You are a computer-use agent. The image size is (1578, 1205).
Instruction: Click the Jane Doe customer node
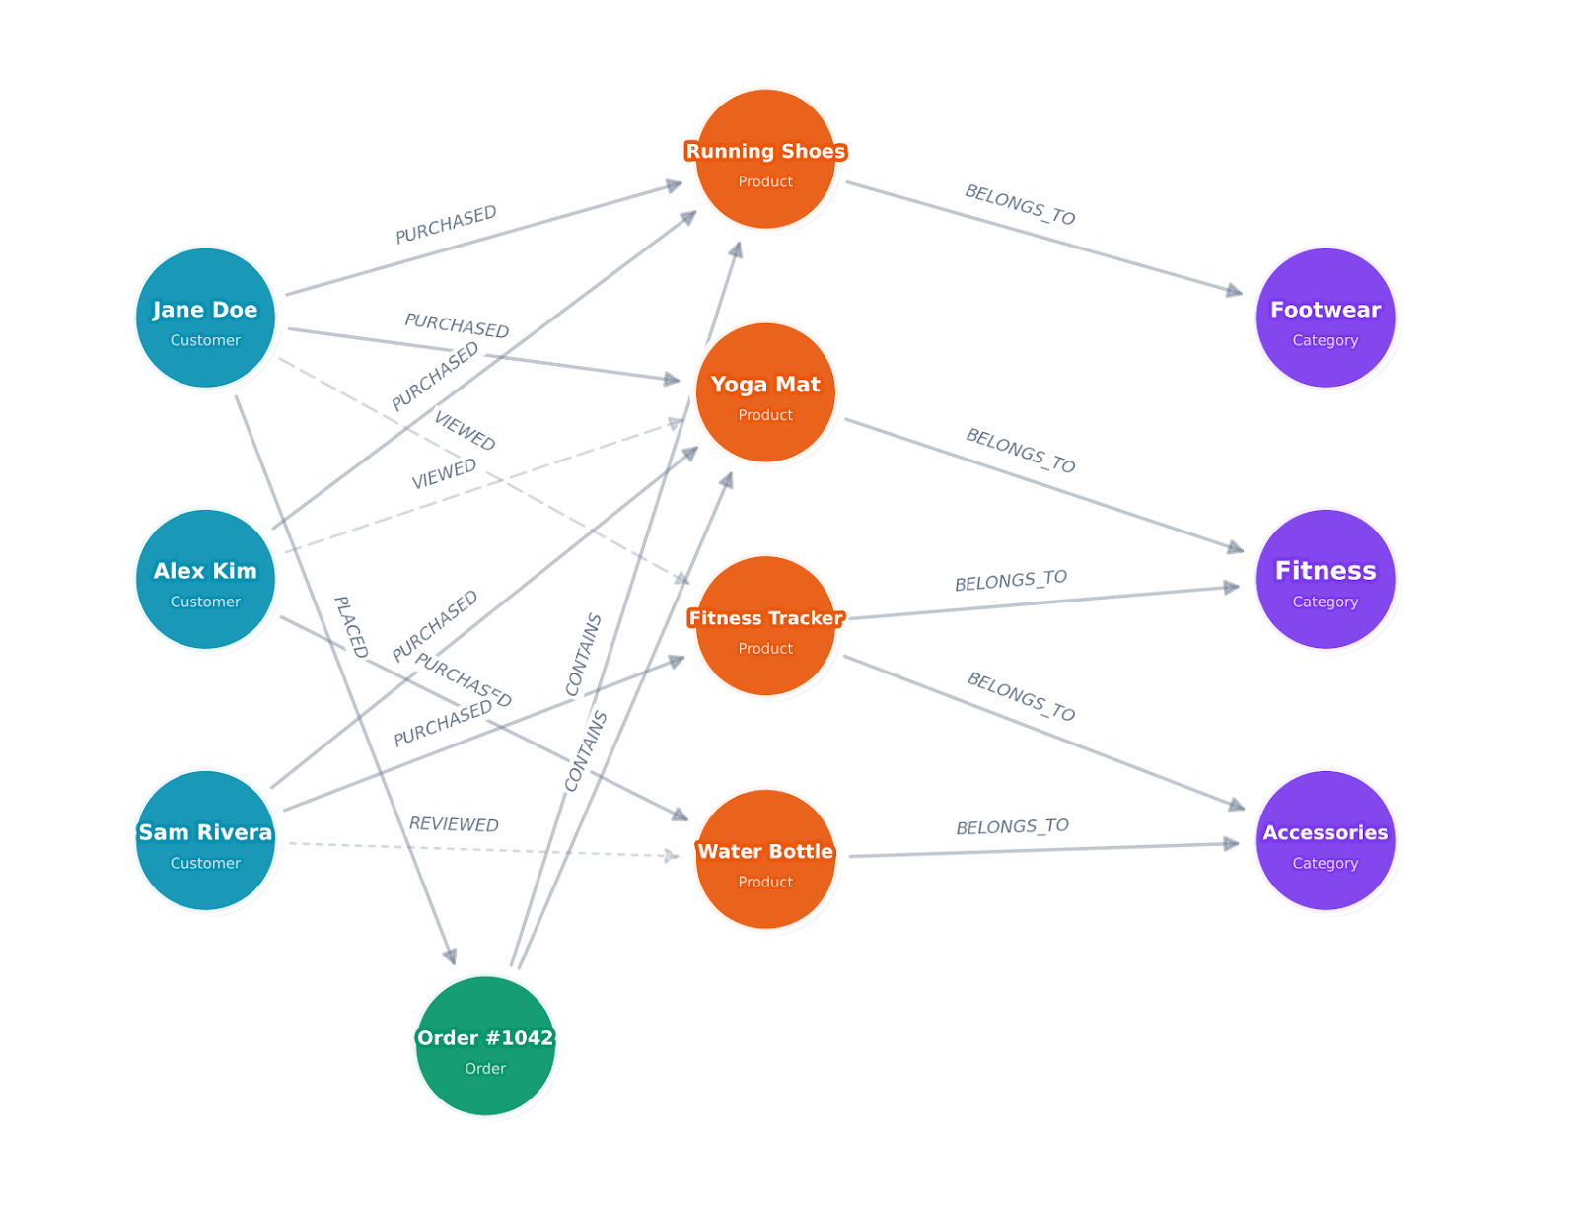coord(205,318)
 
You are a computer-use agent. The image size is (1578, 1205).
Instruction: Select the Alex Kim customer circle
coord(205,579)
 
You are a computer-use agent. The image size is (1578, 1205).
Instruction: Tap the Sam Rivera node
coord(205,840)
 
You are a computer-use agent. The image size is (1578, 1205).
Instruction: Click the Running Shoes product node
coord(765,159)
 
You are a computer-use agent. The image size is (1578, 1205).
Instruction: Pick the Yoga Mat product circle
coord(765,392)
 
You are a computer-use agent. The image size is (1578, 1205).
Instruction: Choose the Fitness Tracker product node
coord(765,625)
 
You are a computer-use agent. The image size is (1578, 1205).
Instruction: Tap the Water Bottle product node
coord(765,859)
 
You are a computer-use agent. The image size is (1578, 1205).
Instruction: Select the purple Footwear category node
coord(1325,318)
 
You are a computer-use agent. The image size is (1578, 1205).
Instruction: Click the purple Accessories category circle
coord(1325,840)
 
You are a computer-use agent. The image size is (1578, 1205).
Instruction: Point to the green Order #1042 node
coord(485,1045)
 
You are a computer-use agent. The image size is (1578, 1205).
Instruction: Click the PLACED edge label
coord(350,627)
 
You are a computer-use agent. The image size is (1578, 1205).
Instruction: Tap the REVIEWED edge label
coord(454,824)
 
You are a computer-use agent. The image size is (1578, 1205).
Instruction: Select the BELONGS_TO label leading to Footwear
coord(1020,204)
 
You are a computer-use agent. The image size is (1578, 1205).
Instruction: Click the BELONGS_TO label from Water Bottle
coord(1012,826)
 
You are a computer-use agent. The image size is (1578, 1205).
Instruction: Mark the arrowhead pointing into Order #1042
coord(451,957)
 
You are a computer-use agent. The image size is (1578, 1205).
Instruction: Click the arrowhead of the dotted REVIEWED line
coord(673,856)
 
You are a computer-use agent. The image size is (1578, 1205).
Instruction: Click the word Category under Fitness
coord(1325,602)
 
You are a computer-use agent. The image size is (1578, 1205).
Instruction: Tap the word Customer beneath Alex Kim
coord(205,602)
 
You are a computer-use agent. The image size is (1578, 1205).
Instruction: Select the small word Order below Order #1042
coord(485,1068)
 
